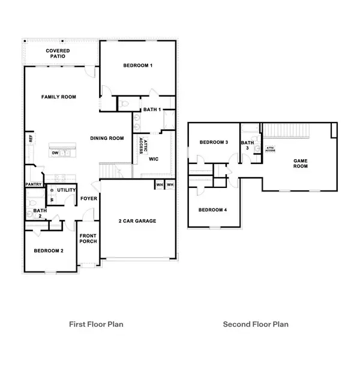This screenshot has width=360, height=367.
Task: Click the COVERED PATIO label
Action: pos(58,53)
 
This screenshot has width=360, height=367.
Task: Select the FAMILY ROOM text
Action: pos(58,97)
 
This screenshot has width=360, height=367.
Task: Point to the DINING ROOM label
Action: pos(107,138)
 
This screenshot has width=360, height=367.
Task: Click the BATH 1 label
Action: pos(151,109)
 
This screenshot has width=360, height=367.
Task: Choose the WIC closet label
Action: pos(153,159)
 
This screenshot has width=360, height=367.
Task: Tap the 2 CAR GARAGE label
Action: pos(137,221)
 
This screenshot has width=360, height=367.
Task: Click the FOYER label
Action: pos(88,199)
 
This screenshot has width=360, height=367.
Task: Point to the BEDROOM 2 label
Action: pos(49,250)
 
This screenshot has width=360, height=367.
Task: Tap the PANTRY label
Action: pos(32,184)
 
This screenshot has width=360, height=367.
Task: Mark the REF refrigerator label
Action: pos(29,139)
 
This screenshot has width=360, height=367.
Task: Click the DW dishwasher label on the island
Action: pos(55,153)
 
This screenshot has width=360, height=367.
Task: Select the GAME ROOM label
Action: pos(300,163)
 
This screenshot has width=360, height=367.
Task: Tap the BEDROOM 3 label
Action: pos(214,142)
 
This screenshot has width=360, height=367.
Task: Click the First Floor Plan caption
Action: pos(96,324)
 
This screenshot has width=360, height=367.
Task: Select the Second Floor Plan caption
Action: pos(256,324)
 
